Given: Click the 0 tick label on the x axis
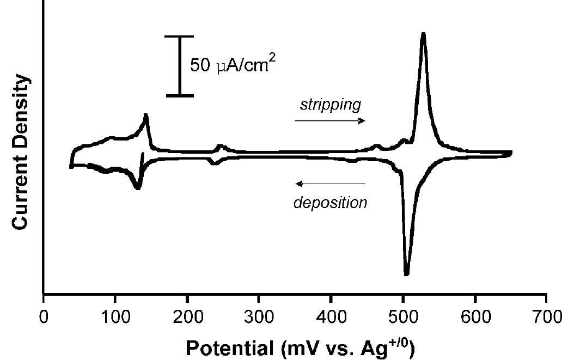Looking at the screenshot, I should pos(44,317).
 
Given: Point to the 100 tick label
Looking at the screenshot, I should pos(114,317).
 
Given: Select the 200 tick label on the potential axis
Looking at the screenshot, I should pos(187,317).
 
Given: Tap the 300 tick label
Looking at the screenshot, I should pos(259,317).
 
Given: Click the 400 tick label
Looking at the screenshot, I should pos(331,317).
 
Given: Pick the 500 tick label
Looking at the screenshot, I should pos(402,317).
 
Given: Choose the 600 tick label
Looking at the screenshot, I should pos(475,317).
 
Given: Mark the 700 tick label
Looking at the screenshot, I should pos(546,317).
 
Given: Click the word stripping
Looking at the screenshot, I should pos(330,104).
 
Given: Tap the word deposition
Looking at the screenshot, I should pos(330,203).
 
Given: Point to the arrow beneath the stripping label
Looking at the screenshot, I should pos(330,121).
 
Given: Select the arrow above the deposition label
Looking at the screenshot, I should pos(330,184).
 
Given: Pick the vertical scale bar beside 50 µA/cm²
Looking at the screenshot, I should pos(180,66).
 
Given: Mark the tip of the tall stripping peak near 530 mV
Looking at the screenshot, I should pos(423,34).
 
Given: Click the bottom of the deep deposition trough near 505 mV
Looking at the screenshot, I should pos(406,274).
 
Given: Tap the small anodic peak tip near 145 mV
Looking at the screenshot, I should pos(146,115).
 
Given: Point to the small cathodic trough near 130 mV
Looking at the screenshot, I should pos(138,188).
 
